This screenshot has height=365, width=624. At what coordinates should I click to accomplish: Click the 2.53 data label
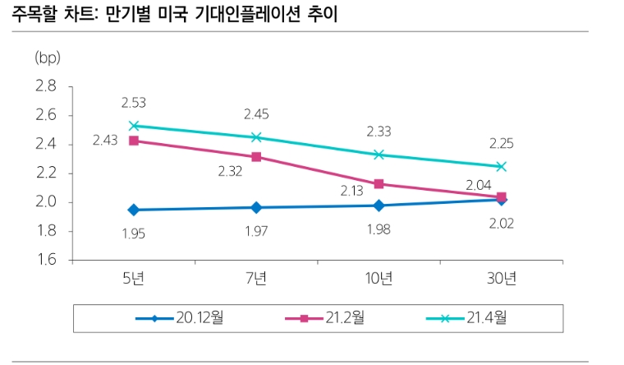(x=133, y=103)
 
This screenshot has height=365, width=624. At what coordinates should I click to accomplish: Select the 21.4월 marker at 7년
(x=256, y=137)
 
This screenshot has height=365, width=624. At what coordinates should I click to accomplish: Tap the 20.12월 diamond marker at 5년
(x=133, y=210)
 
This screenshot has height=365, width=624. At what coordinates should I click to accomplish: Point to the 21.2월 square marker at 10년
(x=379, y=184)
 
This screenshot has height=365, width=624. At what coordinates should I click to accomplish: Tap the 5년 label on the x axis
(x=133, y=280)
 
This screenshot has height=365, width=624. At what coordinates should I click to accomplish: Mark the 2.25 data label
(x=501, y=143)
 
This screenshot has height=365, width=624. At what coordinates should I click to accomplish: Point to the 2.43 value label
(x=105, y=141)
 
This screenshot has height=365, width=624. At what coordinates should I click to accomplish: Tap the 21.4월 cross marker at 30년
(x=501, y=166)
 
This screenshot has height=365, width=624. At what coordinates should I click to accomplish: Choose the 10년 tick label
(x=379, y=280)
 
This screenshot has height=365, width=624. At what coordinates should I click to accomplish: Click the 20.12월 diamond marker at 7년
(x=256, y=208)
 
